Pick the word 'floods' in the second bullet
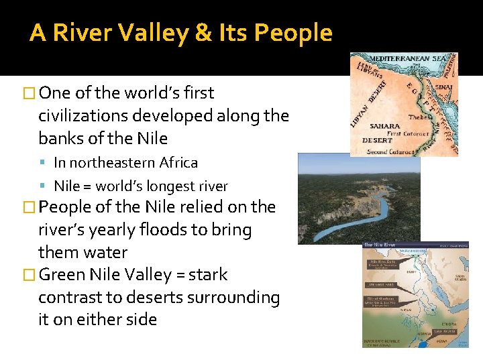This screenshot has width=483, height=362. pos(168,230)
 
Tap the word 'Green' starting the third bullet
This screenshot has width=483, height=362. pos(63,275)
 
